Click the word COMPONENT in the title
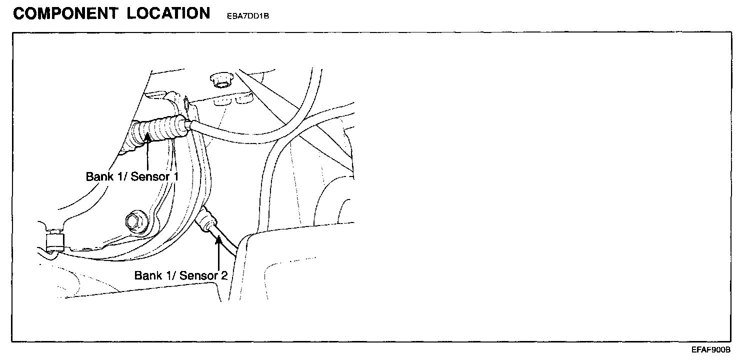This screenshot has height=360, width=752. point(65,13)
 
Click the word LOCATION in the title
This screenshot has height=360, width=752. point(168,13)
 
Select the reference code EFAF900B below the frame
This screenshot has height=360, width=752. point(711,349)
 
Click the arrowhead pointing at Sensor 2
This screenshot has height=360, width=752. point(218,241)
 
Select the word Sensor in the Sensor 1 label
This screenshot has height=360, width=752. point(148,176)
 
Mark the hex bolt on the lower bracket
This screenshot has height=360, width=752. point(134,220)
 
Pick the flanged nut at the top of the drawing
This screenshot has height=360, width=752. point(220,79)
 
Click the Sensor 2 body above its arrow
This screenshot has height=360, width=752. point(206,220)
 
